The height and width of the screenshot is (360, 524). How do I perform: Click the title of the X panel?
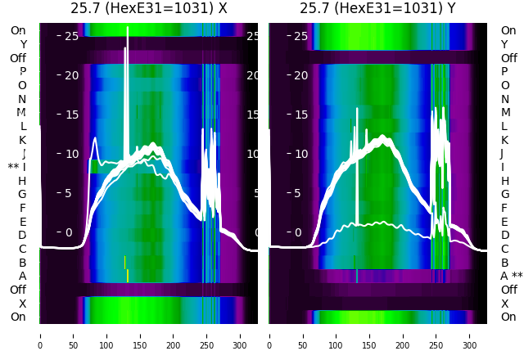click(149, 8)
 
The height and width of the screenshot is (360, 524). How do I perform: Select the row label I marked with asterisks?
click(17, 167)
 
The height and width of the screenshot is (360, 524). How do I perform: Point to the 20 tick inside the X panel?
click(71, 75)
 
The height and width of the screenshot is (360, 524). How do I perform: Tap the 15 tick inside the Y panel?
click(300, 115)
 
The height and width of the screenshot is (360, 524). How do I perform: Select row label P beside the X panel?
click(22, 71)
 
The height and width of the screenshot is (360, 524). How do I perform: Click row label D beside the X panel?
click(22, 235)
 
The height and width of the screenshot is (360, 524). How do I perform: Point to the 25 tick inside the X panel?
click(71, 36)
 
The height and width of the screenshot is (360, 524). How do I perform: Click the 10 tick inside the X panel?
click(71, 154)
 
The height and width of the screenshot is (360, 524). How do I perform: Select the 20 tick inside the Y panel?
click(300, 75)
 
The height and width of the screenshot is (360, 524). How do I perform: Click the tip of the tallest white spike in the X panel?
click(128, 27)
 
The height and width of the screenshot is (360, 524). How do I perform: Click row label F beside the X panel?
click(22, 208)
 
